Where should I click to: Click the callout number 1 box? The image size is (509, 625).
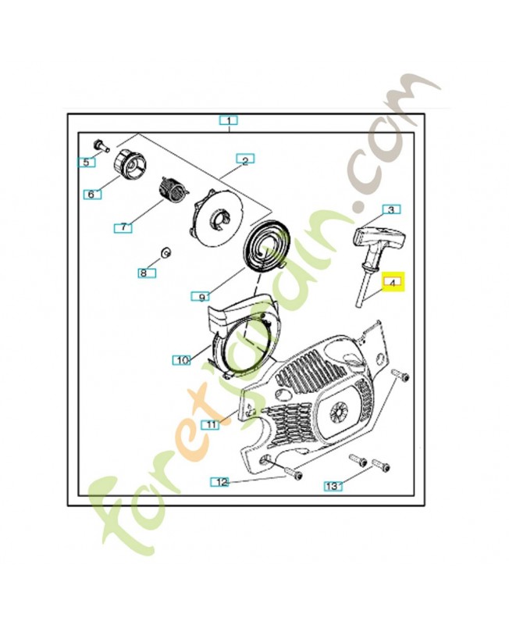point(228,120)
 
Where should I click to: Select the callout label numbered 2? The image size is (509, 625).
point(244,161)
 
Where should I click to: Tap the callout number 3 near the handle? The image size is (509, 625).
point(392,209)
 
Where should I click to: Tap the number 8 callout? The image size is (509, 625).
point(144,273)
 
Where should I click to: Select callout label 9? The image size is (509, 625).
point(201,296)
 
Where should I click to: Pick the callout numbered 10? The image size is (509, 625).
point(182,359)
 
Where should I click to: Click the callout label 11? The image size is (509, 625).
point(210,423)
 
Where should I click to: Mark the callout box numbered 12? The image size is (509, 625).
point(222,482)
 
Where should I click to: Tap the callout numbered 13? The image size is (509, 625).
point(333,486)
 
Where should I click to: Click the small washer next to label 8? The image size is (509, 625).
point(166,252)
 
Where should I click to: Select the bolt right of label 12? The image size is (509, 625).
point(289,471)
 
